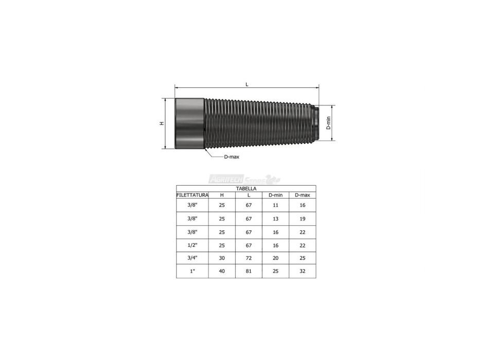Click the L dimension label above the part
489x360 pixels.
[247, 84]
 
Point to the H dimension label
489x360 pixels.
[161, 123]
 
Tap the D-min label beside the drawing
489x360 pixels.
[328, 123]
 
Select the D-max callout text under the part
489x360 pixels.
[232, 157]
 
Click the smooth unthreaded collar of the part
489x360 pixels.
[190, 123]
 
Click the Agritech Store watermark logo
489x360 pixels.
[244, 179]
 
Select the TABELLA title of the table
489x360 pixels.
[246, 189]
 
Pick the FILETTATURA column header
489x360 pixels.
[192, 195]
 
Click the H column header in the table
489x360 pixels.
[222, 195]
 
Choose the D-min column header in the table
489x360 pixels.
[275, 195]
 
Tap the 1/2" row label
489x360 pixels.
[192, 245]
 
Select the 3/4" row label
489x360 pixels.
[192, 258]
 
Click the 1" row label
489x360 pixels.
[192, 271]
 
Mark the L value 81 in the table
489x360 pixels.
[249, 271]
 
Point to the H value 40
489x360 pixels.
[222, 271]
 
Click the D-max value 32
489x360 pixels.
[302, 271]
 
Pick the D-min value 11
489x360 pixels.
[275, 205]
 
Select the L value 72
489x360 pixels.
[249, 258]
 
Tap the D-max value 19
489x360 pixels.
[302, 218]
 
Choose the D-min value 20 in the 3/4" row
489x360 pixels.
[275, 258]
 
